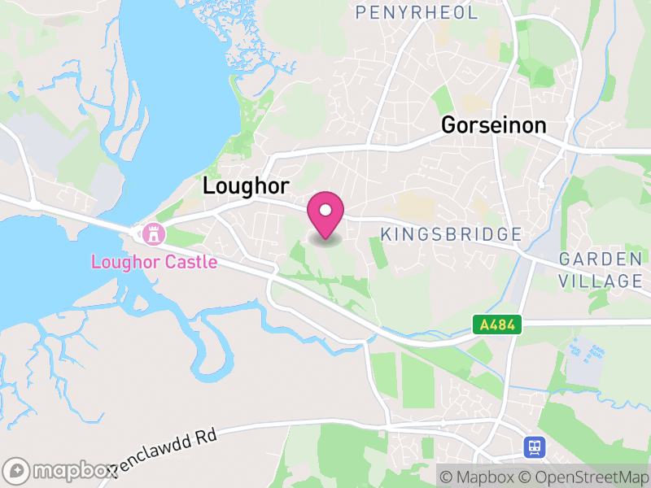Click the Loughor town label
[246, 186]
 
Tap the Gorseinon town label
[493, 125]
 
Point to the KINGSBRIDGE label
[451, 235]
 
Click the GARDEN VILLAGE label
[601, 270]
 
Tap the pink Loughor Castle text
[154, 262]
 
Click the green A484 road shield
[497, 325]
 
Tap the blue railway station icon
[534, 447]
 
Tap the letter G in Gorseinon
[448, 125]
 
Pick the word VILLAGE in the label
[601, 281]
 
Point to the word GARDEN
[601, 259]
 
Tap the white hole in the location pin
[325, 211]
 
